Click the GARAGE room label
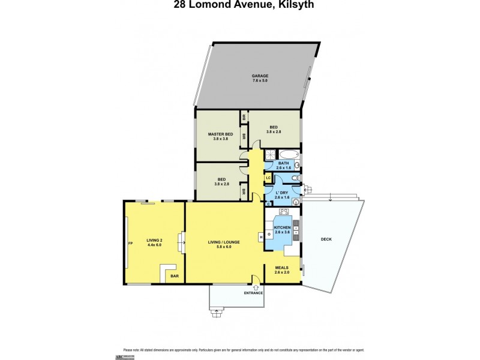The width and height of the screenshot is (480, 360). click(260, 76)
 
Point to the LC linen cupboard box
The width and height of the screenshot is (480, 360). click(269, 178)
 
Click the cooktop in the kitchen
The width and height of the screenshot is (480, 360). click(283, 211)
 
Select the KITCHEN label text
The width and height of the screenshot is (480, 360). click(282, 227)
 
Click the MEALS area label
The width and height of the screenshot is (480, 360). click(282, 268)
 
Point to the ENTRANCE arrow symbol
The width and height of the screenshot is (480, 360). click(256, 287)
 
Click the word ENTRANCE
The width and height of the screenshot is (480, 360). click(253, 293)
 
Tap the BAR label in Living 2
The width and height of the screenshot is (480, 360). click(175, 276)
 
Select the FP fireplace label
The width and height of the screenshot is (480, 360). click(130, 243)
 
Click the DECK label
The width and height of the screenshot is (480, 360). click(326, 239)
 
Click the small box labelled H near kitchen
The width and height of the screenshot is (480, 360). click(261, 236)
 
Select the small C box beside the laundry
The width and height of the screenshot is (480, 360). click(268, 203)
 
